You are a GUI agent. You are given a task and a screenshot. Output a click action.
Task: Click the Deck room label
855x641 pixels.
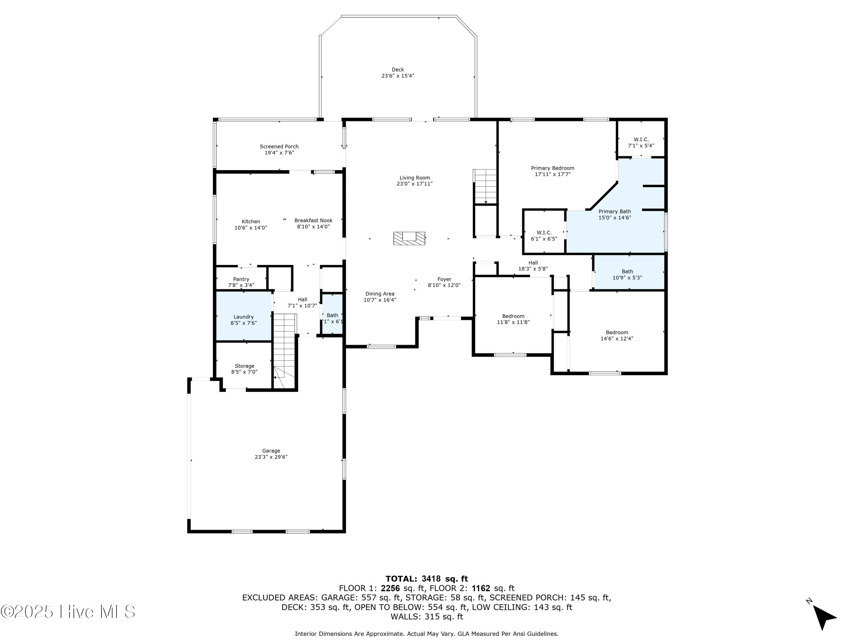click(398, 70)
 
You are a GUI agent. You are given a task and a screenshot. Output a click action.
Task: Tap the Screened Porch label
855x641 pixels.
click(279, 147)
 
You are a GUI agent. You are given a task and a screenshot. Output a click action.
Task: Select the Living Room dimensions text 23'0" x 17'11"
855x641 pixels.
click(414, 184)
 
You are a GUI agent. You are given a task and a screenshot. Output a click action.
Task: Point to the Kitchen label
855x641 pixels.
click(251, 222)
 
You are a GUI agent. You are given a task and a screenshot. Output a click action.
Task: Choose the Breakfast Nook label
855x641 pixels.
click(313, 221)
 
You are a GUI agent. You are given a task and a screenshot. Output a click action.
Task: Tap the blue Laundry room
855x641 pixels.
click(243, 316)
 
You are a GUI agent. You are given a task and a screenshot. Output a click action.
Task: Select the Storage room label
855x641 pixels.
click(245, 366)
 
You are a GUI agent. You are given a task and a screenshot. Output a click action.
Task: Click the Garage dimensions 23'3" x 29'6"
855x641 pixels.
click(271, 457)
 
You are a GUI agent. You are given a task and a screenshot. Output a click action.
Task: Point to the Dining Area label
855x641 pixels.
click(380, 294)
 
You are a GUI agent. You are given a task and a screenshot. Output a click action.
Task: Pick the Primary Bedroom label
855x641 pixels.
click(553, 168)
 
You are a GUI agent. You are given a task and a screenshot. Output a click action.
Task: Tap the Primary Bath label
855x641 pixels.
click(615, 211)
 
